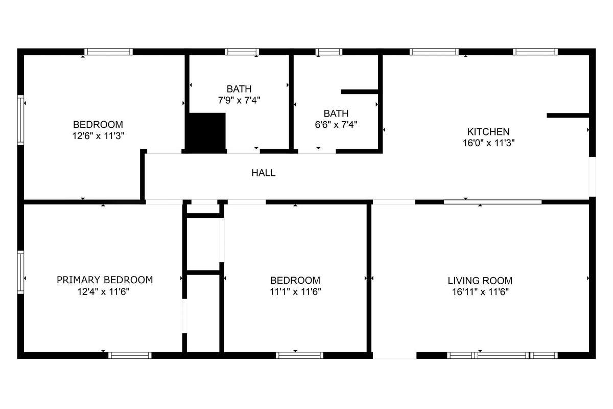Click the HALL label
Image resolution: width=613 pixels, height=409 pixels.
pyautogui.click(x=263, y=173)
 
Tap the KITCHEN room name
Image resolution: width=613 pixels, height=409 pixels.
pyautogui.click(x=488, y=132)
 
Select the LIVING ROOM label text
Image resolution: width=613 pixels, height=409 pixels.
pyautogui.click(x=480, y=281)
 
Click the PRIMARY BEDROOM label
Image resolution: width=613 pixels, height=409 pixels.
pyautogui.click(x=105, y=280)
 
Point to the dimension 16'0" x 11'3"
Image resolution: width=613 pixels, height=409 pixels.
pyautogui.click(x=488, y=143)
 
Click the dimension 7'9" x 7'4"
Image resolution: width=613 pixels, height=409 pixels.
pyautogui.click(x=239, y=100)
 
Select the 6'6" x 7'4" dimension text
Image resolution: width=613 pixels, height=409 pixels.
pyautogui.click(x=336, y=125)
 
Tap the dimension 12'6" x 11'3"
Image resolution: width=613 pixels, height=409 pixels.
pyautogui.click(x=98, y=136)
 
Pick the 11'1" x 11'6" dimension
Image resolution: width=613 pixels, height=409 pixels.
pyautogui.click(x=295, y=292)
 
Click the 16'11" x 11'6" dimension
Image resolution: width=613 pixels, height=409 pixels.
pyautogui.click(x=480, y=292)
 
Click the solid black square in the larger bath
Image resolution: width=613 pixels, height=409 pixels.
pyautogui.click(x=207, y=132)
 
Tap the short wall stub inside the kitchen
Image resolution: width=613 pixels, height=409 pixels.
pyautogui.click(x=568, y=116)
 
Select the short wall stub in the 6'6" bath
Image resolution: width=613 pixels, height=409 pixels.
pyautogui.click(x=360, y=92)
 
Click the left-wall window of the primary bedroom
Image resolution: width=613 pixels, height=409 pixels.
pyautogui.click(x=20, y=272)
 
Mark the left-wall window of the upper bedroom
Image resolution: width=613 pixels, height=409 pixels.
pyautogui.click(x=20, y=120)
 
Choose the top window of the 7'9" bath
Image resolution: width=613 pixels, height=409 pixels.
pyautogui.click(x=242, y=52)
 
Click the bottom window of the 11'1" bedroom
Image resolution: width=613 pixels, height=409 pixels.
pyautogui.click(x=299, y=355)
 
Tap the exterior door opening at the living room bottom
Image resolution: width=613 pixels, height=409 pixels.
pyautogui.click(x=394, y=355)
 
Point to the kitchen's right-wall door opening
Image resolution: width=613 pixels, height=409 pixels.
pyautogui.click(x=593, y=177)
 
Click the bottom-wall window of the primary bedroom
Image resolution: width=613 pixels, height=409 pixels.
pyautogui.click(x=130, y=355)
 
